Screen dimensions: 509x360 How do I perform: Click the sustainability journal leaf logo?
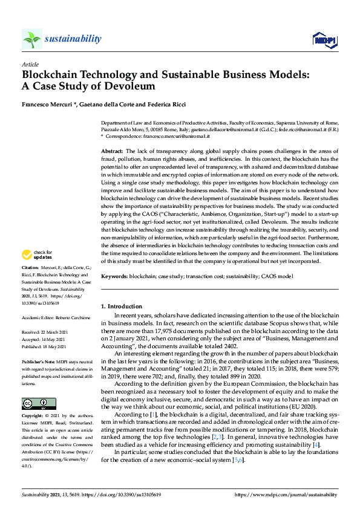pyautogui.click(x=32, y=39)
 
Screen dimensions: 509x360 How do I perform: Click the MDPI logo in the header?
pyautogui.click(x=325, y=40)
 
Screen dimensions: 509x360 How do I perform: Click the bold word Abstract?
pyautogui.click(x=112, y=151)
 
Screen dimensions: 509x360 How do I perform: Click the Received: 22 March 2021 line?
pyautogui.click(x=46, y=332)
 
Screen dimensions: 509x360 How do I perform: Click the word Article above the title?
pyautogui.click(x=30, y=64)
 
